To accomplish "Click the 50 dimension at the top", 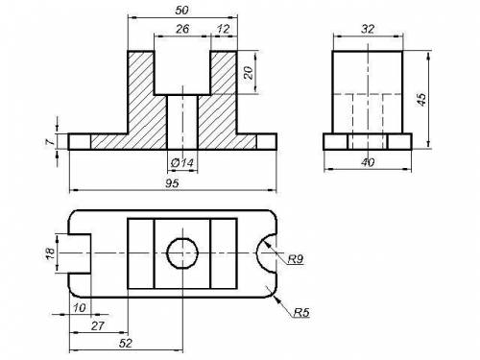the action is pos(181,11).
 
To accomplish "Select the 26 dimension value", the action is pos(182,29).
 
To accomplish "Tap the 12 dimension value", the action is pos(223,29).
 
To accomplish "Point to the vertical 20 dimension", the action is pos(249,73).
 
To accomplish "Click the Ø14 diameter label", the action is pos(182,163).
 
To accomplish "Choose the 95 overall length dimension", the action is pos(172,183).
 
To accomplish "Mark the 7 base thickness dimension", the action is pos(50,141).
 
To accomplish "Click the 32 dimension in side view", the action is pos(368,29).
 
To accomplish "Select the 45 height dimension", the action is pos(421,100).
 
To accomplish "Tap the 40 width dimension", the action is pos(368,162).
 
